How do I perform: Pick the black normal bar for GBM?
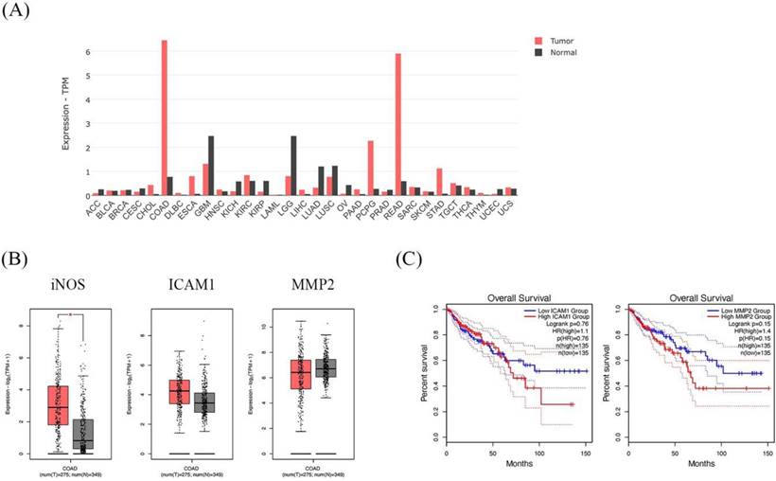210,166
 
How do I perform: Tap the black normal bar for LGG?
293,166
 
